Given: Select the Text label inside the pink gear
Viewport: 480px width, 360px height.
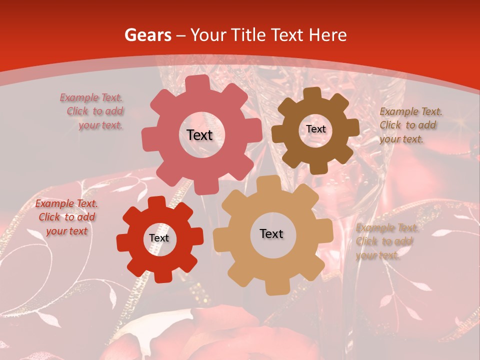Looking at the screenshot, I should coord(199,135).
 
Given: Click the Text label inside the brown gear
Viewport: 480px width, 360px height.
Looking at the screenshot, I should coord(315,129).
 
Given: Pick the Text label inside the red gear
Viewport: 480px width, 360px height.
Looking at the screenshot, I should coord(159,238).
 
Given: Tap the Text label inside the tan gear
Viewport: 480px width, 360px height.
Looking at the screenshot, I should coord(271,233).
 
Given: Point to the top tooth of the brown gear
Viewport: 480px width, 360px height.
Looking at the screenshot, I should coord(312,93).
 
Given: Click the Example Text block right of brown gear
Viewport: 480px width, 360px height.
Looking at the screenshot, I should coord(410,125).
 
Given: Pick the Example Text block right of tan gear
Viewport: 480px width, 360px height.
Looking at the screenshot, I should coord(386,241).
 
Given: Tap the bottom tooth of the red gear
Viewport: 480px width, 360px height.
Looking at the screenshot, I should coord(161,276).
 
